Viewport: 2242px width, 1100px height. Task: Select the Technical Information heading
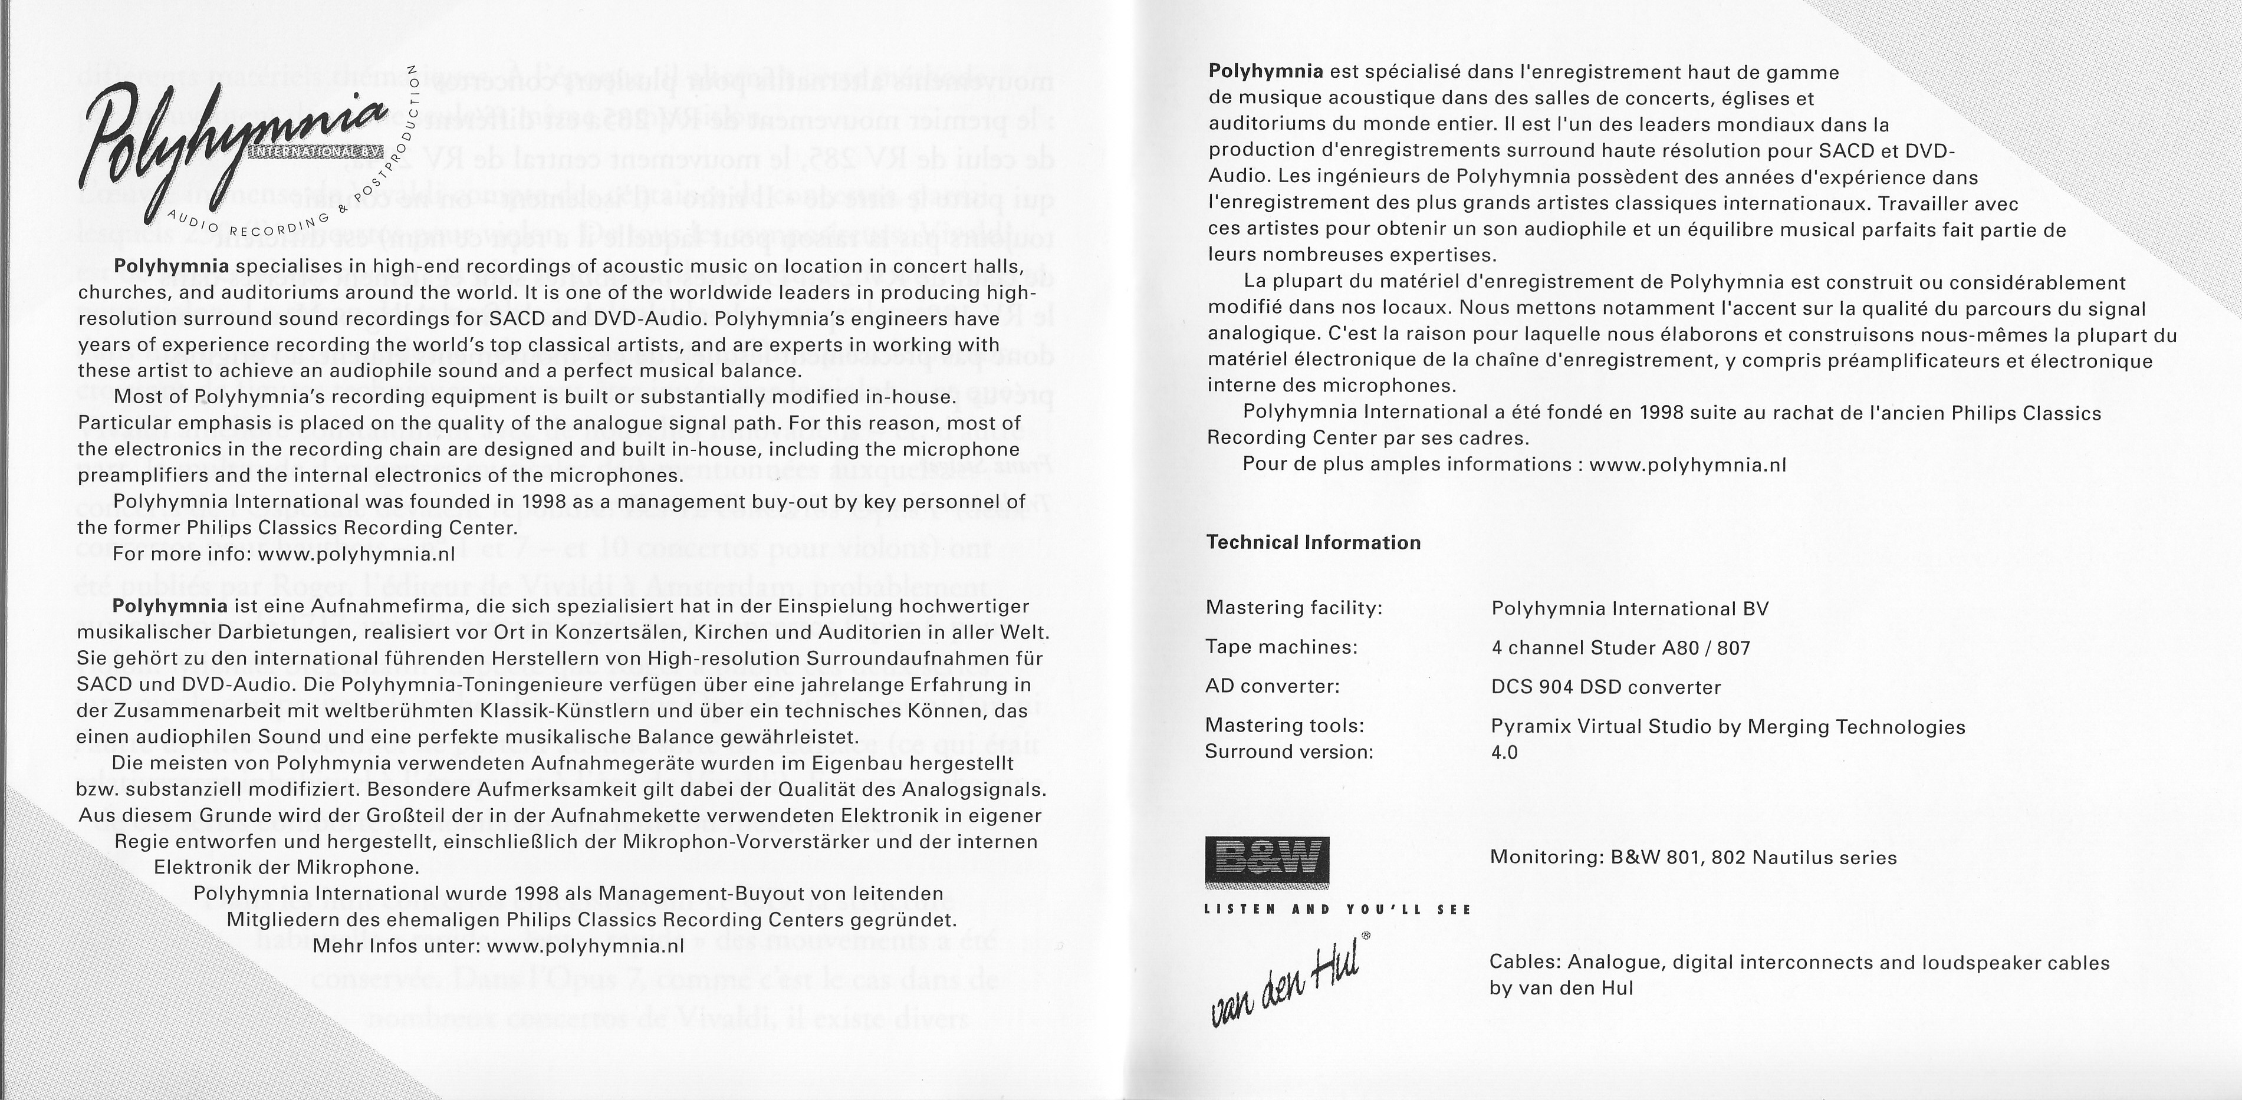[1313, 543]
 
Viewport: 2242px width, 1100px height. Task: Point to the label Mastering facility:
[1294, 608]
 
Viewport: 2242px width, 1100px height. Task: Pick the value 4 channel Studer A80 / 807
[1620, 648]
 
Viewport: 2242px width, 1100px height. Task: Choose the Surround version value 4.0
[1505, 752]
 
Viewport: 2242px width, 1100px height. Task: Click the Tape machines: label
[1281, 647]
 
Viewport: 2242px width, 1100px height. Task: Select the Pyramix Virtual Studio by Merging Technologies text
[1728, 727]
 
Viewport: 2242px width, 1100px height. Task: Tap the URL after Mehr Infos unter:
[586, 946]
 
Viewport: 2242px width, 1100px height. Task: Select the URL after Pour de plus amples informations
[1688, 465]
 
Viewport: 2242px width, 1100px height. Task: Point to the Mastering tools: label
[1284, 726]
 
